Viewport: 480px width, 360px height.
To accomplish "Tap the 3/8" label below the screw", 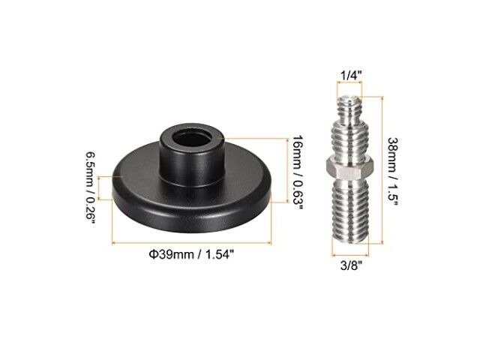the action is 351,265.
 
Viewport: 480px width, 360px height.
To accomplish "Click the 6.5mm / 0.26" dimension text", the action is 91,187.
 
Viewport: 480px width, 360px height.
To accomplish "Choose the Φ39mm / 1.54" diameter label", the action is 192,254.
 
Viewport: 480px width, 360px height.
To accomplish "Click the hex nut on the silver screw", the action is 349,168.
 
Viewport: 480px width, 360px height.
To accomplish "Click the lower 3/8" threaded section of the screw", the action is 350,211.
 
